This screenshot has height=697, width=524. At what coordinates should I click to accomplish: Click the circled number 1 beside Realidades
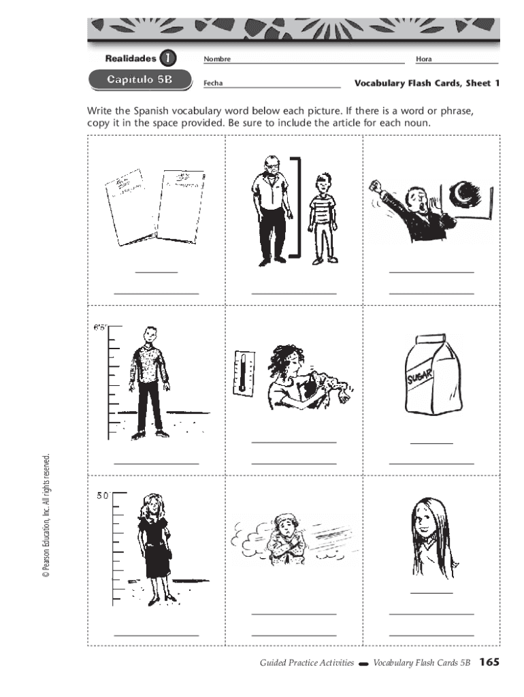(x=167, y=58)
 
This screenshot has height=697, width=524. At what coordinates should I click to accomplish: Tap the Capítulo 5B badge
(x=140, y=80)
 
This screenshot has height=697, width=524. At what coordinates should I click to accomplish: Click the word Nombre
(x=217, y=59)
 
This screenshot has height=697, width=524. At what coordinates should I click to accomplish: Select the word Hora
(x=423, y=59)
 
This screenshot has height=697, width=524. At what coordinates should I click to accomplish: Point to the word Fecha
(x=213, y=83)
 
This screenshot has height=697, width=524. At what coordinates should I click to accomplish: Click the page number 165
(x=489, y=662)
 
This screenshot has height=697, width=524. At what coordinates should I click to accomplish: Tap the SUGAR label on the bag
(x=420, y=377)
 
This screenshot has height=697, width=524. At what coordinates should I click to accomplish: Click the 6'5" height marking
(x=100, y=328)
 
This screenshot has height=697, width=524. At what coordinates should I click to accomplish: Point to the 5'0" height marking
(x=103, y=496)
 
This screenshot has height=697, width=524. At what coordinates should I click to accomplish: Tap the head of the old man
(x=272, y=166)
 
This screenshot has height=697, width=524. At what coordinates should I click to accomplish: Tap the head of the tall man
(x=150, y=336)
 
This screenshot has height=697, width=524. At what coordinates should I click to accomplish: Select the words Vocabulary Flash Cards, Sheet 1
(x=427, y=83)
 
